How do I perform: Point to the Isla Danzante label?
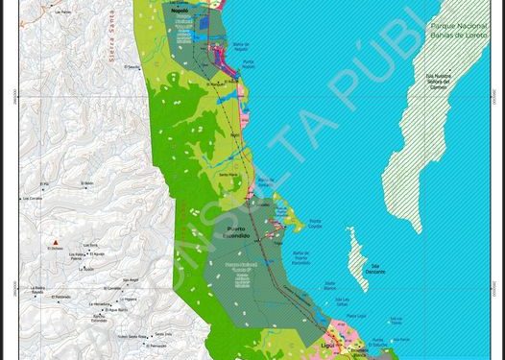point(375,270)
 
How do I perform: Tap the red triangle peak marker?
point(57,241)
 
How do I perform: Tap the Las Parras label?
point(64,12)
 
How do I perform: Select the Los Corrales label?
point(32,198)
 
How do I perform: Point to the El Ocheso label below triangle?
point(57,251)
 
